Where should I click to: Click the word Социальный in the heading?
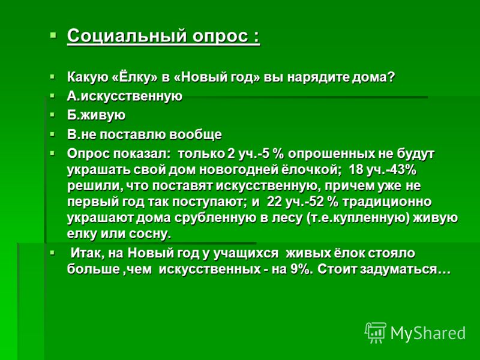click(x=127, y=36)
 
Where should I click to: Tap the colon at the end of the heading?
click(x=257, y=37)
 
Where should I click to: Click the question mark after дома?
click(x=391, y=77)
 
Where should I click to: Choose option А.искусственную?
click(x=125, y=96)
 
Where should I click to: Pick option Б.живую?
click(x=96, y=115)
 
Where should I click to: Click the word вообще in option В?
click(x=196, y=134)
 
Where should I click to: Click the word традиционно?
click(x=387, y=202)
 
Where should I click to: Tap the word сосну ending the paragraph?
click(x=149, y=234)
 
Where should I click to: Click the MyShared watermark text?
click(x=428, y=333)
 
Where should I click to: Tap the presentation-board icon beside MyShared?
click(x=376, y=333)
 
